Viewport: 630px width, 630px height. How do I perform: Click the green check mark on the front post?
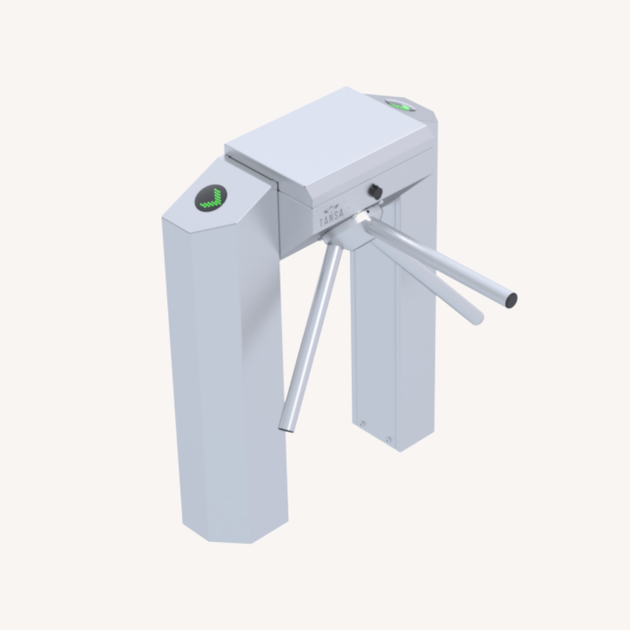(x=211, y=199)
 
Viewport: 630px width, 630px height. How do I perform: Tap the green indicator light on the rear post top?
(x=401, y=105)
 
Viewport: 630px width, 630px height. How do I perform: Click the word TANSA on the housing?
(x=332, y=218)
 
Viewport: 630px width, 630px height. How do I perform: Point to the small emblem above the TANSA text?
(x=331, y=208)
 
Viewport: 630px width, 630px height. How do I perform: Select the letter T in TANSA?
(x=322, y=223)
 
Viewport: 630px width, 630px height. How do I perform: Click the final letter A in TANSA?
(x=341, y=214)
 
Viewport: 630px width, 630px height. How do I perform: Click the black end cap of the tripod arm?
(x=511, y=300)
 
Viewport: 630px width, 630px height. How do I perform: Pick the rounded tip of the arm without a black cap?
(x=478, y=318)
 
